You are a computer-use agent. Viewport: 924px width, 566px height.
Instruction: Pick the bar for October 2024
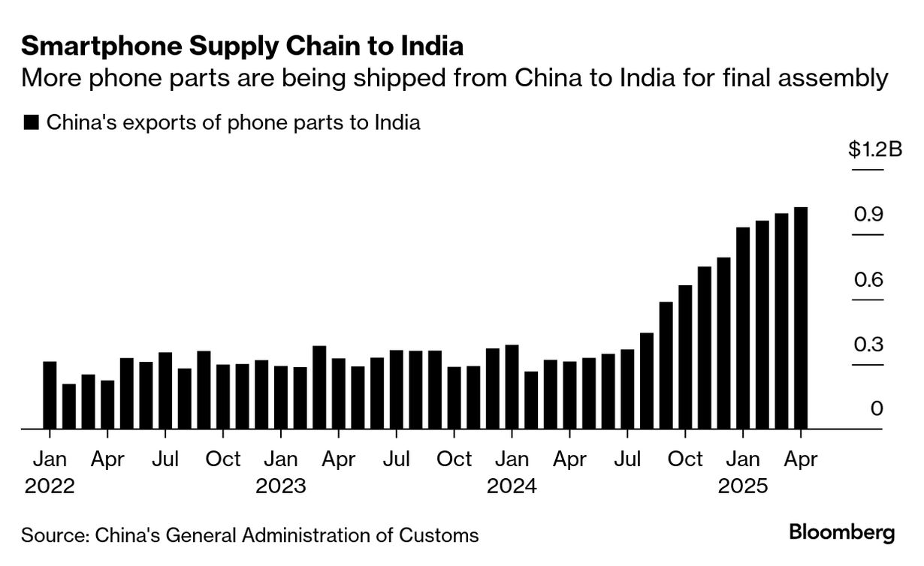point(685,357)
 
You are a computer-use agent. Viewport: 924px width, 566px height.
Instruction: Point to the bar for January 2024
point(512,387)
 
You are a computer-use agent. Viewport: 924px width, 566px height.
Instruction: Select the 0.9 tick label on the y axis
point(868,215)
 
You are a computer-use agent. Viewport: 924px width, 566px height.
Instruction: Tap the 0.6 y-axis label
point(868,281)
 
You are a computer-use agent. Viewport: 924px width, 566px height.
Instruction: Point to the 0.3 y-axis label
point(868,345)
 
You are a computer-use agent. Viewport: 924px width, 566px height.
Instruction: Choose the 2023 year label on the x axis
point(281,486)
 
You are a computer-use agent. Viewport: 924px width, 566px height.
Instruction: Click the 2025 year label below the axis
point(743,486)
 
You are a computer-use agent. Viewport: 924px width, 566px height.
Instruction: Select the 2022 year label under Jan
point(50,486)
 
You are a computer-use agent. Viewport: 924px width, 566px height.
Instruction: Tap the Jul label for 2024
point(627,459)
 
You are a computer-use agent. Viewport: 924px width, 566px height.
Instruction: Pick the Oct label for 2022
point(223,459)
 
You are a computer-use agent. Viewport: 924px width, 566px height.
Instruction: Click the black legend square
point(31,123)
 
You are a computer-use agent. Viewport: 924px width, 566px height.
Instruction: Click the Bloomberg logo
point(842,534)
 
